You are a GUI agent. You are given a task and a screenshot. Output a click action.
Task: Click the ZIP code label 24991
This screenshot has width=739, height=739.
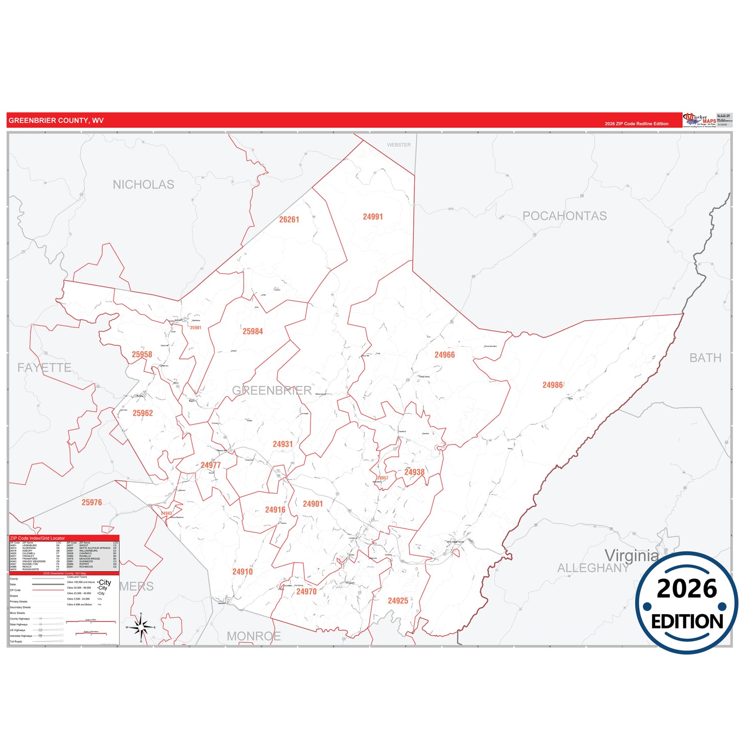pyautogui.click(x=373, y=217)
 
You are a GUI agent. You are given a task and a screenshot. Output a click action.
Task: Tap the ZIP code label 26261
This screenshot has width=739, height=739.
pyautogui.click(x=289, y=219)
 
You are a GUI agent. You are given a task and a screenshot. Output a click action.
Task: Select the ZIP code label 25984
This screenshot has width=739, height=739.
pyautogui.click(x=253, y=331)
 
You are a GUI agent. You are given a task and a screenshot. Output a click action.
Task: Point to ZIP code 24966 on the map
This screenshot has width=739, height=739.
pyautogui.click(x=444, y=355)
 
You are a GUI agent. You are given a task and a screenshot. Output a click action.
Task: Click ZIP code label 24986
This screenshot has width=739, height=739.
pyautogui.click(x=552, y=385)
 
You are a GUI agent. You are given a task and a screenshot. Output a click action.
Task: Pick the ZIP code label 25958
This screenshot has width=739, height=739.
pyautogui.click(x=142, y=354)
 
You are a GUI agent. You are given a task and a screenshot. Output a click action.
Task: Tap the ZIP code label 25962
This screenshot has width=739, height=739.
pyautogui.click(x=143, y=413)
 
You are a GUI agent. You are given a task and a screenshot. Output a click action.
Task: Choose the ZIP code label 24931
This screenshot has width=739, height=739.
pyautogui.click(x=282, y=444)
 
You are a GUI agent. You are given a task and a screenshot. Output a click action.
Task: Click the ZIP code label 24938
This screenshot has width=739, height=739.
pyautogui.click(x=414, y=472)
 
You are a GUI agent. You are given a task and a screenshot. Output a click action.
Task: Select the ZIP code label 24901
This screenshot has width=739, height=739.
pyautogui.click(x=312, y=504)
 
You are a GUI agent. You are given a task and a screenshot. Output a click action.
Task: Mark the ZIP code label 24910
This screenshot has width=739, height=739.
pyautogui.click(x=242, y=572)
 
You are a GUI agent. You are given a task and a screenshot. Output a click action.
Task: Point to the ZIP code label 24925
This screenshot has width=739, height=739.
pyautogui.click(x=398, y=601)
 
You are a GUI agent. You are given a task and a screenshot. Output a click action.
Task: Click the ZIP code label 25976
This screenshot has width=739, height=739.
pyautogui.click(x=92, y=503)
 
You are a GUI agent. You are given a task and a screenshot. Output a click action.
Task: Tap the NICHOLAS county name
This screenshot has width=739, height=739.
pyautogui.click(x=143, y=185)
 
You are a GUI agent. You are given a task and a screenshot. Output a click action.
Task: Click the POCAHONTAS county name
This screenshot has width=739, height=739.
pyautogui.click(x=565, y=216)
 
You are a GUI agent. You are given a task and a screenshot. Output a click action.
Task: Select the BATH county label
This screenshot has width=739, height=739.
pyautogui.click(x=705, y=358)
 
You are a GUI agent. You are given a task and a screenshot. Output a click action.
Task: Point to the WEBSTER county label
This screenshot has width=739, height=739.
pyautogui.click(x=398, y=145)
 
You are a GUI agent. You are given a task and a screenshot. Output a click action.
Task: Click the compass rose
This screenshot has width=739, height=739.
pyautogui.click(x=141, y=626)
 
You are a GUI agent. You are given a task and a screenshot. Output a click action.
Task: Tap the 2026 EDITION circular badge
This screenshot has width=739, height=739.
pyautogui.click(x=686, y=603)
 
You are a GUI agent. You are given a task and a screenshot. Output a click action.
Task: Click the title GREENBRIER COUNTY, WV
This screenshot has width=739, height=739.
pyautogui.click(x=56, y=121)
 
